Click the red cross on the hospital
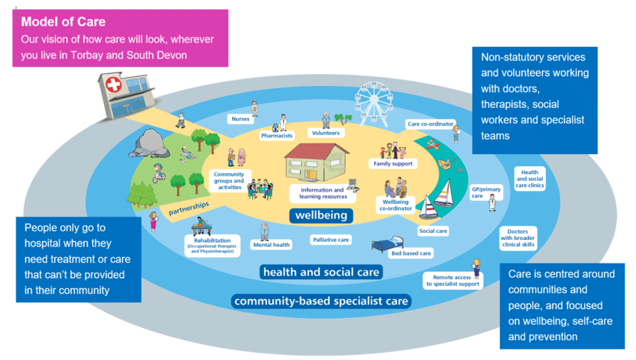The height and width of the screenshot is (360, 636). click(x=113, y=87)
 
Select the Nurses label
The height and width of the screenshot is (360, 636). click(x=240, y=119)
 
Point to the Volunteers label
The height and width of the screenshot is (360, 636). click(x=325, y=133)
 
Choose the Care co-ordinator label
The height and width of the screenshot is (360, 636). click(x=426, y=124)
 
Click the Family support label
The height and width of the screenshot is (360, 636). click(x=394, y=163)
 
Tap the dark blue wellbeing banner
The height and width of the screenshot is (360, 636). click(x=321, y=214)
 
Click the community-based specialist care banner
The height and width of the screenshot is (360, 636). click(x=322, y=301)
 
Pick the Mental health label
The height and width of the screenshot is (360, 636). click(x=271, y=245)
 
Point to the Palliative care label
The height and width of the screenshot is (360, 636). click(x=331, y=240)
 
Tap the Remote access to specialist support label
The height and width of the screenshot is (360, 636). click(x=453, y=280)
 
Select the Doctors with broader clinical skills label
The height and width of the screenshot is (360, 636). click(x=517, y=238)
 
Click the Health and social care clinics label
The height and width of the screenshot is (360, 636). click(x=530, y=180)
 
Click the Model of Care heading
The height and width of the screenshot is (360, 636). click(x=64, y=22)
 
